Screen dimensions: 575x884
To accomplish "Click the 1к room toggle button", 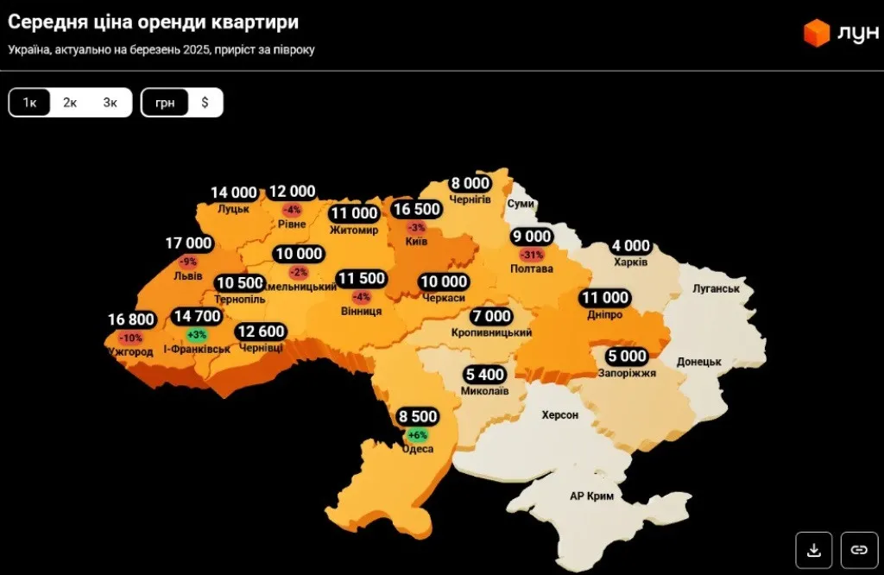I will pos(29,103).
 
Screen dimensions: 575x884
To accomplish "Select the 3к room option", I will pos(110,103).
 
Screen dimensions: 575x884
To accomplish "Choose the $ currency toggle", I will pos(205,103).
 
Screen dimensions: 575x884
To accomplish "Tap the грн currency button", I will pos(165,103).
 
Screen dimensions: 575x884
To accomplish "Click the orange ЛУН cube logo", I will pos(816,33).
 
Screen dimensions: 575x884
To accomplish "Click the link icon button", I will pos(858,549).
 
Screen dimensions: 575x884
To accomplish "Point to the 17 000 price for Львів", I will pos(188,244).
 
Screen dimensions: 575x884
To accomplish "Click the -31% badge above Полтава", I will pos(532,255).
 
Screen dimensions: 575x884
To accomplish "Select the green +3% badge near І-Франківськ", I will pos(196,334).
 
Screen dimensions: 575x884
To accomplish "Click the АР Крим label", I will pos(590,496).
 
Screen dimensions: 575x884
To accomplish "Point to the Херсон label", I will pos(559,415).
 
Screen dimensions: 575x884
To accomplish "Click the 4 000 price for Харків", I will pos(631,247).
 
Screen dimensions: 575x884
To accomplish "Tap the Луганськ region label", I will pos(716,288).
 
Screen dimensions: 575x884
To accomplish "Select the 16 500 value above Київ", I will pos(417,209).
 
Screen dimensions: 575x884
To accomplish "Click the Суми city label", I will pos(521,204).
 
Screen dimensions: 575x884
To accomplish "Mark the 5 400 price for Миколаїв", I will pos(486,375).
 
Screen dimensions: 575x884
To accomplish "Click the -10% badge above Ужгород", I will pos(131,338).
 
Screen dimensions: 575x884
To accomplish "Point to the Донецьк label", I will pos(699,362).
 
